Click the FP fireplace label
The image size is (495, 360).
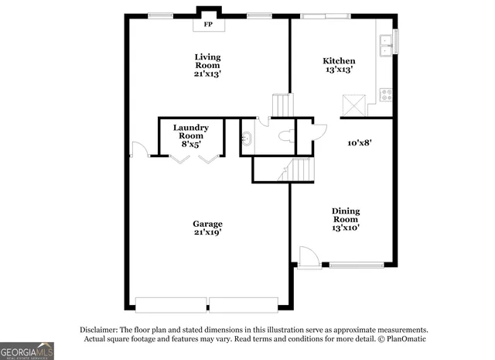point(207,25)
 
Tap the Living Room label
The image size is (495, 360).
point(207,61)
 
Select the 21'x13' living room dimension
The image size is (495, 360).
point(207,75)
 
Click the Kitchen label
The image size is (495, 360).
point(339,61)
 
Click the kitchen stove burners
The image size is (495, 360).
point(384,96)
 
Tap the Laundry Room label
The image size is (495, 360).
point(190,132)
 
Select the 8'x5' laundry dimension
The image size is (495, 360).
point(190,143)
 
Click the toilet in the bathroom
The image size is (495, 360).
point(285,138)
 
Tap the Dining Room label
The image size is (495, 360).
point(346,215)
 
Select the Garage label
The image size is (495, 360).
point(207,225)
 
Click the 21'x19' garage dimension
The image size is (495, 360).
point(207,233)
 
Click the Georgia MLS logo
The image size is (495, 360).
point(27,350)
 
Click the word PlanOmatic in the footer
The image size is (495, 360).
point(405,339)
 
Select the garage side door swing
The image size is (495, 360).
point(138,149)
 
